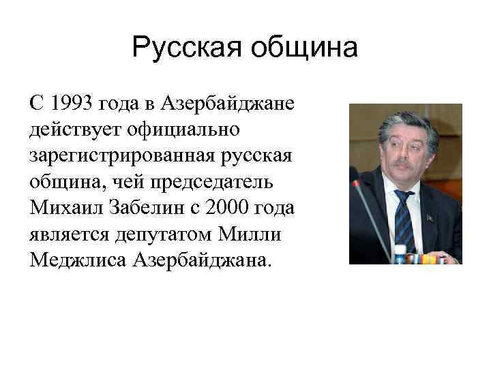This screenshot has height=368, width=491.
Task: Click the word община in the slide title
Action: (303, 48)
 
